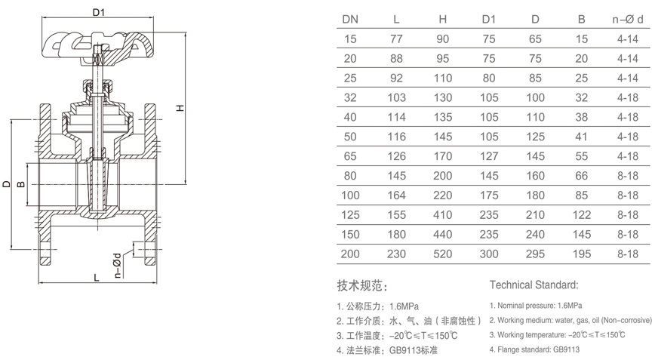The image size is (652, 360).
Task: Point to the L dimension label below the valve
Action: pos(97,277)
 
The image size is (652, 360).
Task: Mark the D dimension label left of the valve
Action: pos(6,183)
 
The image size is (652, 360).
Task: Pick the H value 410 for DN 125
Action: pos(443,215)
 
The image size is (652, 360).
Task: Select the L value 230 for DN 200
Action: pos(396,254)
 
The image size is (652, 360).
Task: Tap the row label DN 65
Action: pos(351,156)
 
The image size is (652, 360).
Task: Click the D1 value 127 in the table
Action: pos(490,156)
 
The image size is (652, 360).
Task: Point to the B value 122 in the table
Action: pos(582,215)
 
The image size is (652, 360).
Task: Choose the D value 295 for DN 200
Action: pos(536,254)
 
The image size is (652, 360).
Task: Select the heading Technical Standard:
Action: pos(534,285)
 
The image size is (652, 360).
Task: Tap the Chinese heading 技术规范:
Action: pos(361,286)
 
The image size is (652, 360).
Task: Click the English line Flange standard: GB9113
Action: pos(534,349)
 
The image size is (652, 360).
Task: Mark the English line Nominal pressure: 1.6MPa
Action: pos(536,306)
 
